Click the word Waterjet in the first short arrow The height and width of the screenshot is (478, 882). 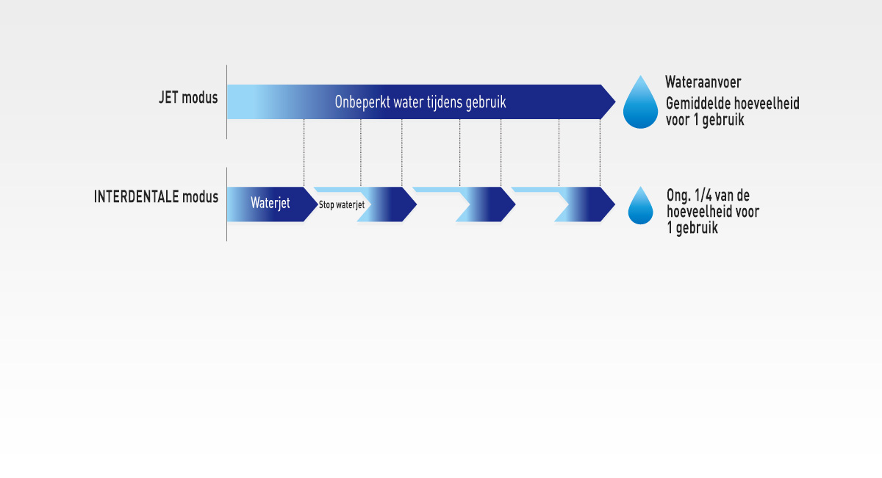270,204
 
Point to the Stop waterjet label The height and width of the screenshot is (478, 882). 342,205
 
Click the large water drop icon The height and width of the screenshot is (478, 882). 640,103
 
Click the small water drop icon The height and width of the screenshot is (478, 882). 640,207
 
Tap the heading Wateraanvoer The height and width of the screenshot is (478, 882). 703,82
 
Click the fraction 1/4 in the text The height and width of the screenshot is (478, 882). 703,196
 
